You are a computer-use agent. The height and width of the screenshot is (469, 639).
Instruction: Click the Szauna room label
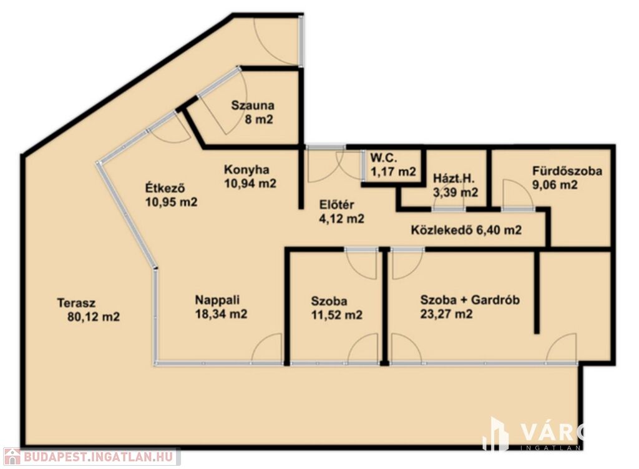coord(253,105)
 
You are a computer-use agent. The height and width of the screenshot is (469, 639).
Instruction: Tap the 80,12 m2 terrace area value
coord(94,317)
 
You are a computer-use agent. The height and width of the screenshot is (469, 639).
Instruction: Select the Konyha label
coord(246,169)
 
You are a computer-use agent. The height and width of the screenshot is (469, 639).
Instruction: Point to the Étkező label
coord(166,188)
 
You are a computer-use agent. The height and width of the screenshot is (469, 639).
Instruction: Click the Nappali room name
coord(217,300)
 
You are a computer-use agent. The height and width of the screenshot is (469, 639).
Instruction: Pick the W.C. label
coord(383,157)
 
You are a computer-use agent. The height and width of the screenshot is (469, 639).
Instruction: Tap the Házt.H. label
coord(454,178)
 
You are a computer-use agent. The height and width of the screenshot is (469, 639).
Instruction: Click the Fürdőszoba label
coord(567,170)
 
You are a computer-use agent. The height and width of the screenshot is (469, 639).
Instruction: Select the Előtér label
coord(336,205)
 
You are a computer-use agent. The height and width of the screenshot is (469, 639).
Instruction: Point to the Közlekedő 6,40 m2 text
coord(466,230)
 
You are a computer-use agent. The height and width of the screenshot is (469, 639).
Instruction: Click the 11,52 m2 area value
coord(336,315)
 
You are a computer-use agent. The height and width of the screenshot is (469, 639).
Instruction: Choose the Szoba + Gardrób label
coord(470,300)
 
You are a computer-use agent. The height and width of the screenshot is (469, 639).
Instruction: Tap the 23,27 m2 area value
coord(446,314)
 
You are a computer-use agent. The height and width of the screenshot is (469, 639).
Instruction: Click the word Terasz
coord(76,303)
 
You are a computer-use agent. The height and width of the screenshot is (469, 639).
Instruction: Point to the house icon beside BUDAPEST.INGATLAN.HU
coord(11,457)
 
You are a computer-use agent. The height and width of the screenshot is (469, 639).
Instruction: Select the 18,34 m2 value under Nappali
coord(221,314)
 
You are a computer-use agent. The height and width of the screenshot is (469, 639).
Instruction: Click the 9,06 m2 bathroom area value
coord(555,184)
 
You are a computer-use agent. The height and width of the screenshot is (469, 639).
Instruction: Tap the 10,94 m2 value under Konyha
coord(250,183)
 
